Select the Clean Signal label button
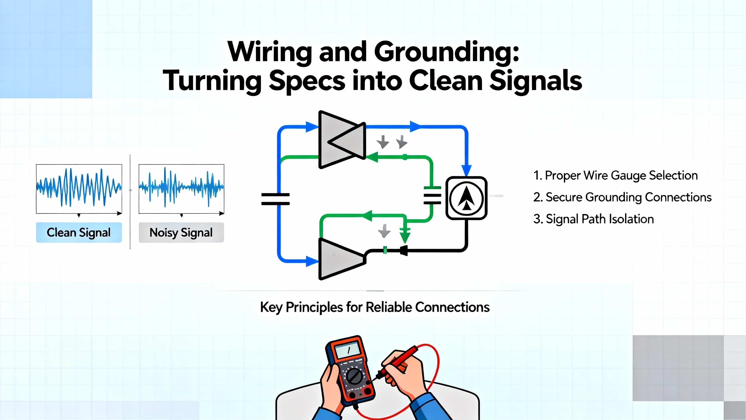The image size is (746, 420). point(79,232)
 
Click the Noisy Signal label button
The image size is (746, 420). point(181,232)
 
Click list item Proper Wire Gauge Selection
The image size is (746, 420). point(615,176)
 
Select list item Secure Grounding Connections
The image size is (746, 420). point(622,197)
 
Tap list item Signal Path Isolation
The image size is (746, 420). point(594,219)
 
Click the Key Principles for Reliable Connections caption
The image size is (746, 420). point(375,307)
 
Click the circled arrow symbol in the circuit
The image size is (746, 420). point(466,198)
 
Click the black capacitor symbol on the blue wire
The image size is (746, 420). point(275,199)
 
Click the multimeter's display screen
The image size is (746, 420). point(348,349)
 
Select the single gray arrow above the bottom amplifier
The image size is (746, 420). point(384,231)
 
